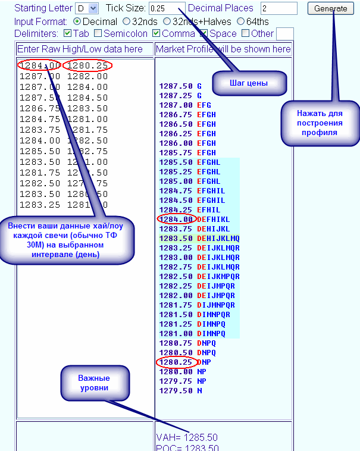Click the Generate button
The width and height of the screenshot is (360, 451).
click(x=330, y=8)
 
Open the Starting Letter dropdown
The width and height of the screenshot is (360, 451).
click(x=82, y=8)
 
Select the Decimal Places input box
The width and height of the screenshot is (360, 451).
click(x=278, y=8)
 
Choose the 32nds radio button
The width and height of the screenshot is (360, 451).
click(x=126, y=21)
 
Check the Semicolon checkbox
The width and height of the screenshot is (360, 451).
click(x=98, y=33)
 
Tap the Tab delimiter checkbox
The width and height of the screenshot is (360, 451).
click(x=67, y=33)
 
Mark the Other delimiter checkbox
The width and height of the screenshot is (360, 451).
click(x=246, y=33)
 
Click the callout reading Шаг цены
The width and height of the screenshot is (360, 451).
click(x=249, y=83)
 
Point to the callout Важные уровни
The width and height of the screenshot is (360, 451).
click(x=94, y=383)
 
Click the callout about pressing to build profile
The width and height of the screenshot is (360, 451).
click(x=320, y=123)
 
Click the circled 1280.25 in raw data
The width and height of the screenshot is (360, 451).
click(x=87, y=65)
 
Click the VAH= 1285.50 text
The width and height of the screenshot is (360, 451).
click(x=187, y=437)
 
